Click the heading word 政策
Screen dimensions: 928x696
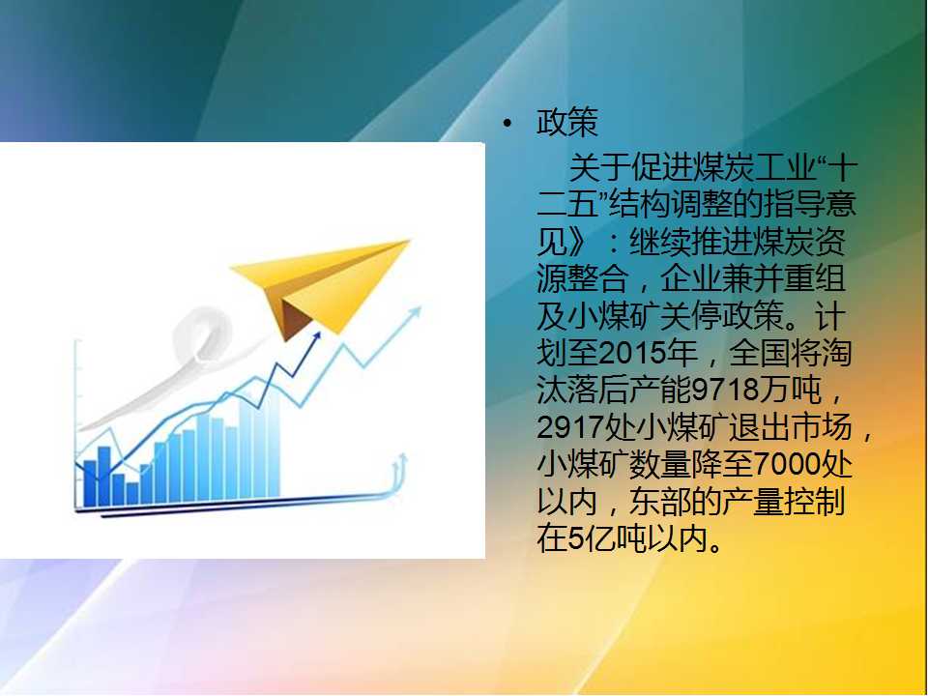(567, 123)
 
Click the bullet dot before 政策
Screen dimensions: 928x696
(507, 124)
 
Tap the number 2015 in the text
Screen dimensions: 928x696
(632, 354)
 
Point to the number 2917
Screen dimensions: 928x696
(570, 427)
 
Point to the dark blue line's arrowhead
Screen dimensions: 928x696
(317, 336)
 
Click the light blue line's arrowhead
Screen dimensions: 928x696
(416, 312)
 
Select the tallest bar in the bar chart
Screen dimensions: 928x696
(274, 443)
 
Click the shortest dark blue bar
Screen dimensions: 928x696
(132, 494)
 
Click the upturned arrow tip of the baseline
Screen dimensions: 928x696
(403, 458)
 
